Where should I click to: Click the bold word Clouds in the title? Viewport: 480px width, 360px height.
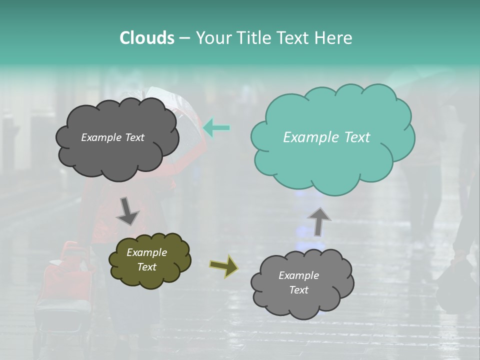[146, 38]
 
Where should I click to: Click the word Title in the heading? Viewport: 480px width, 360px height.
[252, 38]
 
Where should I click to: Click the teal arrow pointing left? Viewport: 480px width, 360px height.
[216, 127]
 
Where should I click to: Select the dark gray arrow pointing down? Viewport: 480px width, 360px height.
[127, 211]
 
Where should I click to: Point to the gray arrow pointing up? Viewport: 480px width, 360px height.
[319, 221]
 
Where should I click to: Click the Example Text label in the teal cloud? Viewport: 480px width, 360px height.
[326, 137]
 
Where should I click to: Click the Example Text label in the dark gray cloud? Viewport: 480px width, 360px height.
[112, 137]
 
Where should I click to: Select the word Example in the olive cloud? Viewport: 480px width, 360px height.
[146, 252]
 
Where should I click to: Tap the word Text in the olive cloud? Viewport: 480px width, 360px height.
[146, 267]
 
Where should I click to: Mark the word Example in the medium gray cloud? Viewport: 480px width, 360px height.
[298, 275]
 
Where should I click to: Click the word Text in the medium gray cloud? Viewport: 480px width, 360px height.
[298, 290]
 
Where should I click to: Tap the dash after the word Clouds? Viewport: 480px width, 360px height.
[184, 38]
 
